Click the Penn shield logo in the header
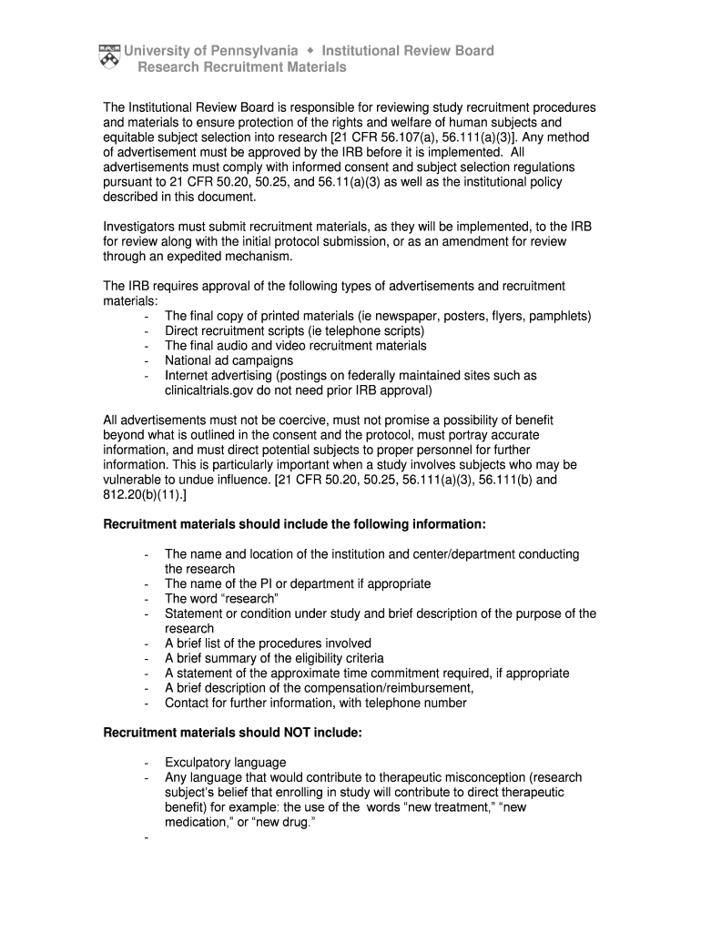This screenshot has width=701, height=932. click(x=108, y=57)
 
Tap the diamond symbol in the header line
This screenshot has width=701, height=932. click(x=310, y=50)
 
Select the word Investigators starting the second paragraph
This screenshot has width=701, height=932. click(x=142, y=227)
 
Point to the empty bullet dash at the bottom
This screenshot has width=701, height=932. click(x=147, y=837)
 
